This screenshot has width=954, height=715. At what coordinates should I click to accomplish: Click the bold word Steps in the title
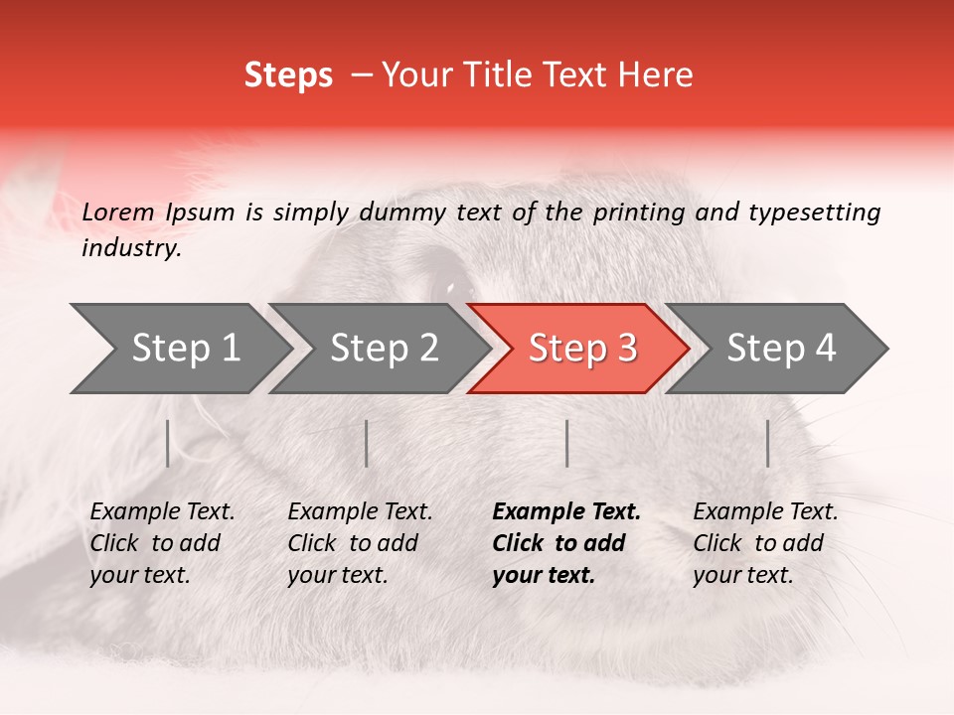tap(288, 75)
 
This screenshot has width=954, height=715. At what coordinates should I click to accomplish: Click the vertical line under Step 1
tap(168, 443)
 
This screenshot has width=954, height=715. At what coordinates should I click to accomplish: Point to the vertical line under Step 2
tap(367, 443)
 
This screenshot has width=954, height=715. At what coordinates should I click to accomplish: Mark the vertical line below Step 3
tap(567, 443)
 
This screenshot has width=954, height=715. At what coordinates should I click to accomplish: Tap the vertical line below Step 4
tap(768, 443)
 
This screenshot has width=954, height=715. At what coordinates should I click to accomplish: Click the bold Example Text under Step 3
tap(566, 512)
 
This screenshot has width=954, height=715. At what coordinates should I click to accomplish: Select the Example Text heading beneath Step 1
tap(162, 512)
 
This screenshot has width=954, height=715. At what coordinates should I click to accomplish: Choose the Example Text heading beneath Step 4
tap(765, 512)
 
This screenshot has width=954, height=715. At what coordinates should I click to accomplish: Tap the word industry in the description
tap(130, 248)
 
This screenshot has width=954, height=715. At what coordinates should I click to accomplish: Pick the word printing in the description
tap(636, 213)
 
